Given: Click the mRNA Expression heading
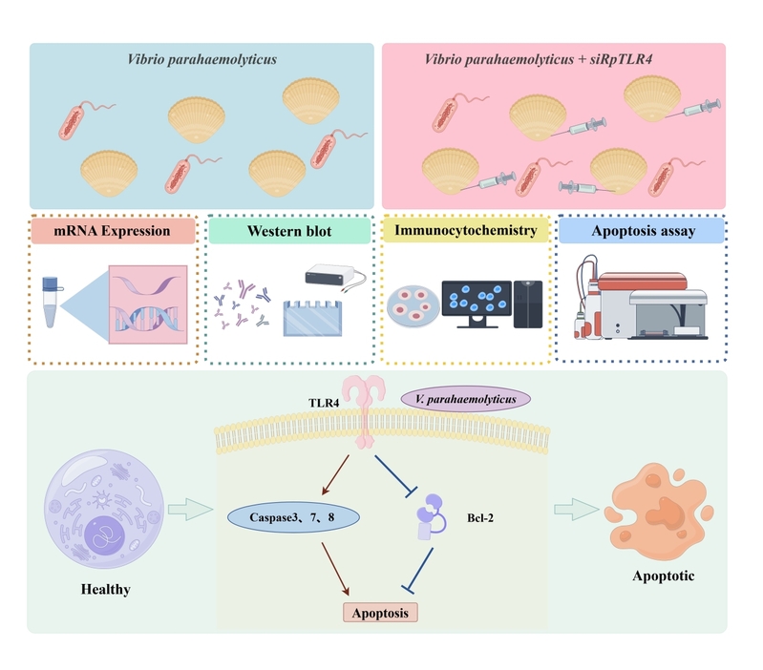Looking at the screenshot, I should [x=114, y=231].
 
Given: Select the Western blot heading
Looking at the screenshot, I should [x=289, y=231].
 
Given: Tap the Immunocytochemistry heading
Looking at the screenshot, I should [x=464, y=231].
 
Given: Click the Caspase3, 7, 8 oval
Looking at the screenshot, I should [x=293, y=518].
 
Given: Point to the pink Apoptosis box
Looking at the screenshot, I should [x=381, y=612].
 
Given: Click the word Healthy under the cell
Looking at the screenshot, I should [x=105, y=589].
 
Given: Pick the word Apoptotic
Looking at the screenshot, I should [x=664, y=576].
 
